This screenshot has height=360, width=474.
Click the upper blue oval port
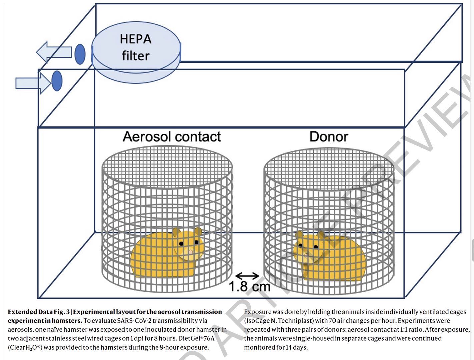pyautogui.click(x=80, y=54)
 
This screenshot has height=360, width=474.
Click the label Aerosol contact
pyautogui.click(x=172, y=137)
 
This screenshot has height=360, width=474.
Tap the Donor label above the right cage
pyautogui.click(x=329, y=137)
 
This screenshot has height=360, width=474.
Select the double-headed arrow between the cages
pyautogui.click(x=247, y=276)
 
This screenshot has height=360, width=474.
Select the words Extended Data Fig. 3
pyautogui.click(x=39, y=312)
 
